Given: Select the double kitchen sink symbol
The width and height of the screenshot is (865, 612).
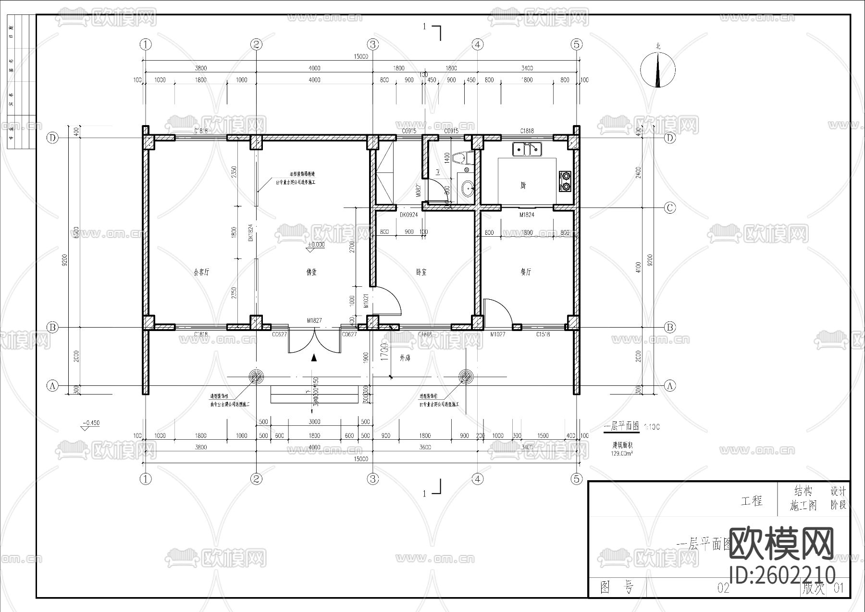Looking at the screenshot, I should [527, 150].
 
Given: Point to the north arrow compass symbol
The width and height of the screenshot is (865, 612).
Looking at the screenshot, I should [658, 70].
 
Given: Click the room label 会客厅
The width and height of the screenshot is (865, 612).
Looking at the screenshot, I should [201, 272].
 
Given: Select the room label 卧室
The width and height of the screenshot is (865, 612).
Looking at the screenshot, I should [421, 272].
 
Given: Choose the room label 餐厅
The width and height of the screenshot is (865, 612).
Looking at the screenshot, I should [526, 272].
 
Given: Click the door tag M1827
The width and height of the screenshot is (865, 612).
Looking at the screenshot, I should [314, 320].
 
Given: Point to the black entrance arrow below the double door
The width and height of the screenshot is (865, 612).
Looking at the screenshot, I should [314, 357].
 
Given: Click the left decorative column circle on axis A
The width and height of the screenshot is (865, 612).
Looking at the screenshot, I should [256, 377].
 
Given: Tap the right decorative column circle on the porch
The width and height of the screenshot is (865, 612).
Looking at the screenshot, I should [466, 377].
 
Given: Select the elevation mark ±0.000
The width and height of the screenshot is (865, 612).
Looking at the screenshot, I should [316, 245].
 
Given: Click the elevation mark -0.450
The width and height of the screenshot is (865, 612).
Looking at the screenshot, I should [91, 423].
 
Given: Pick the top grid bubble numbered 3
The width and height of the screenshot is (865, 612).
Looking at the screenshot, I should [373, 45].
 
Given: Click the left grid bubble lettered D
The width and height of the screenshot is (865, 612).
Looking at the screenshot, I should [52, 138].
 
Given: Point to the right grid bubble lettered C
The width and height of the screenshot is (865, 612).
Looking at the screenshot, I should [669, 208].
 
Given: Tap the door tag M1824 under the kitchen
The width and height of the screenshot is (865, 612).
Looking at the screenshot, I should [527, 215].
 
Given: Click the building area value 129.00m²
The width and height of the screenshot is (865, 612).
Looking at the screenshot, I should [621, 453].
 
